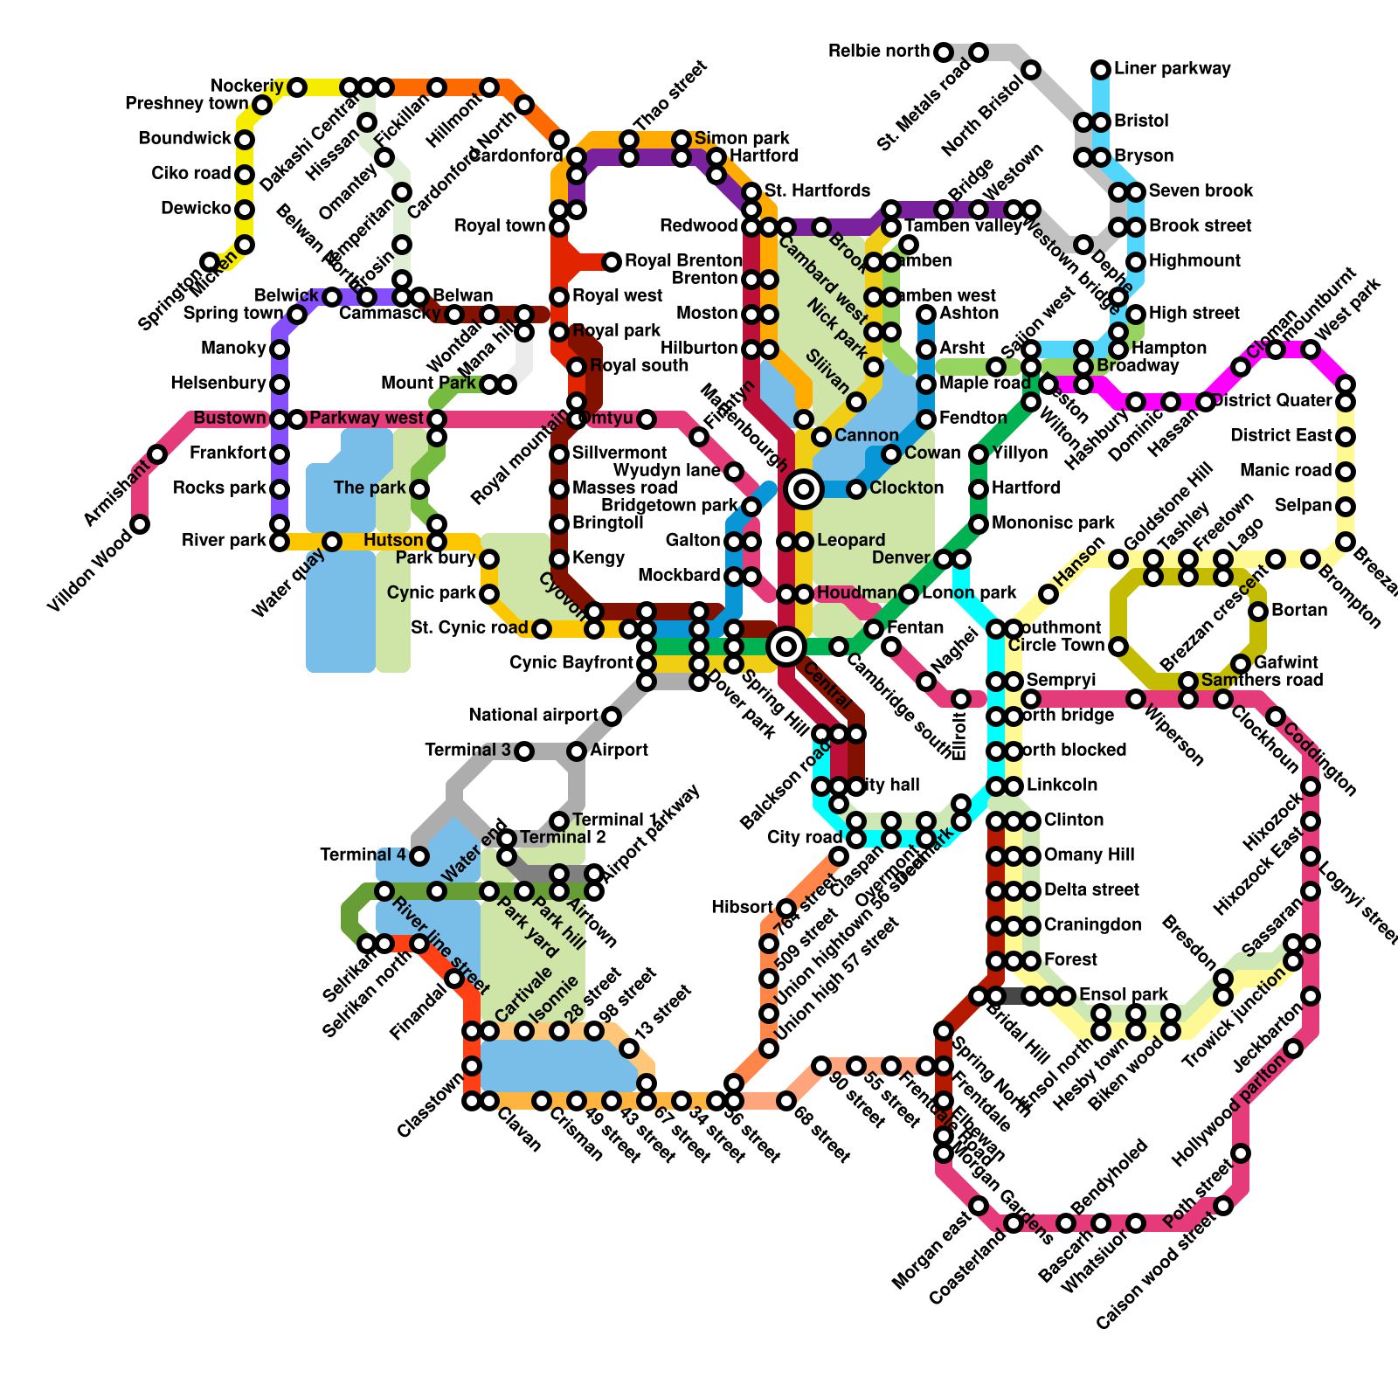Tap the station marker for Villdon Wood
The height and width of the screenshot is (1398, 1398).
tap(140, 524)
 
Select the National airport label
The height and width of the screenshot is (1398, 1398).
tap(533, 716)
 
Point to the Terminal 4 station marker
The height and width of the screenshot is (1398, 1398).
tap(419, 856)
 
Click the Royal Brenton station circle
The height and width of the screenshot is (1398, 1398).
tap(612, 261)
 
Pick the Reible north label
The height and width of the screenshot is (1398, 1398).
tap(879, 52)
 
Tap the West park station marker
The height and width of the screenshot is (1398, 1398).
tap(1311, 349)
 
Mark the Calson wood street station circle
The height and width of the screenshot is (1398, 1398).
tap(1223, 1206)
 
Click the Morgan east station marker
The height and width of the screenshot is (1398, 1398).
tap(979, 1206)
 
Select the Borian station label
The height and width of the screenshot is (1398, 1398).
tap(1300, 611)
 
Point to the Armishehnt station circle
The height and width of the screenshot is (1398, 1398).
tap(157, 454)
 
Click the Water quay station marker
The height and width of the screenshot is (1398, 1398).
tap(332, 542)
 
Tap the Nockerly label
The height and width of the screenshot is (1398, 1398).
tap(247, 87)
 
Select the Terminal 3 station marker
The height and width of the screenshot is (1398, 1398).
tap(524, 751)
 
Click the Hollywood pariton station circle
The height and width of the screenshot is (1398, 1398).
tap(1241, 1153)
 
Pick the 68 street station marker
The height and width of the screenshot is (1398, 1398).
tap(786, 1101)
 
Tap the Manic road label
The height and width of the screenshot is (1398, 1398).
tap(1284, 471)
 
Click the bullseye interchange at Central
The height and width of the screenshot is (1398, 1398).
tap(786, 647)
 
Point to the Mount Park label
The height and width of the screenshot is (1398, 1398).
tap(428, 384)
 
